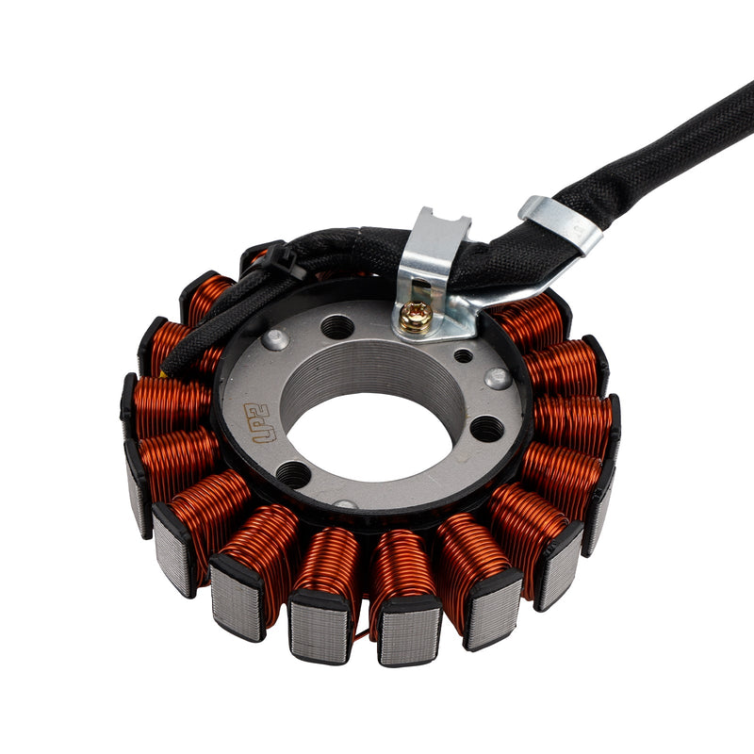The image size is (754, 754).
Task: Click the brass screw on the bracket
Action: point(416,318)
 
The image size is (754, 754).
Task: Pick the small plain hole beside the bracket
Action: point(463,355)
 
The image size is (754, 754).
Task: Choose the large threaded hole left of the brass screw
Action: point(337,327)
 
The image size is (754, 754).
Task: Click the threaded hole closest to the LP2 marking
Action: point(293,473)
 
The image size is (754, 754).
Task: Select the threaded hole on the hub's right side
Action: point(486,429)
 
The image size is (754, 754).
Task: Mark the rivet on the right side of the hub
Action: point(498,378)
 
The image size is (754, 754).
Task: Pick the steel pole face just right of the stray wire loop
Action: point(407,633)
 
